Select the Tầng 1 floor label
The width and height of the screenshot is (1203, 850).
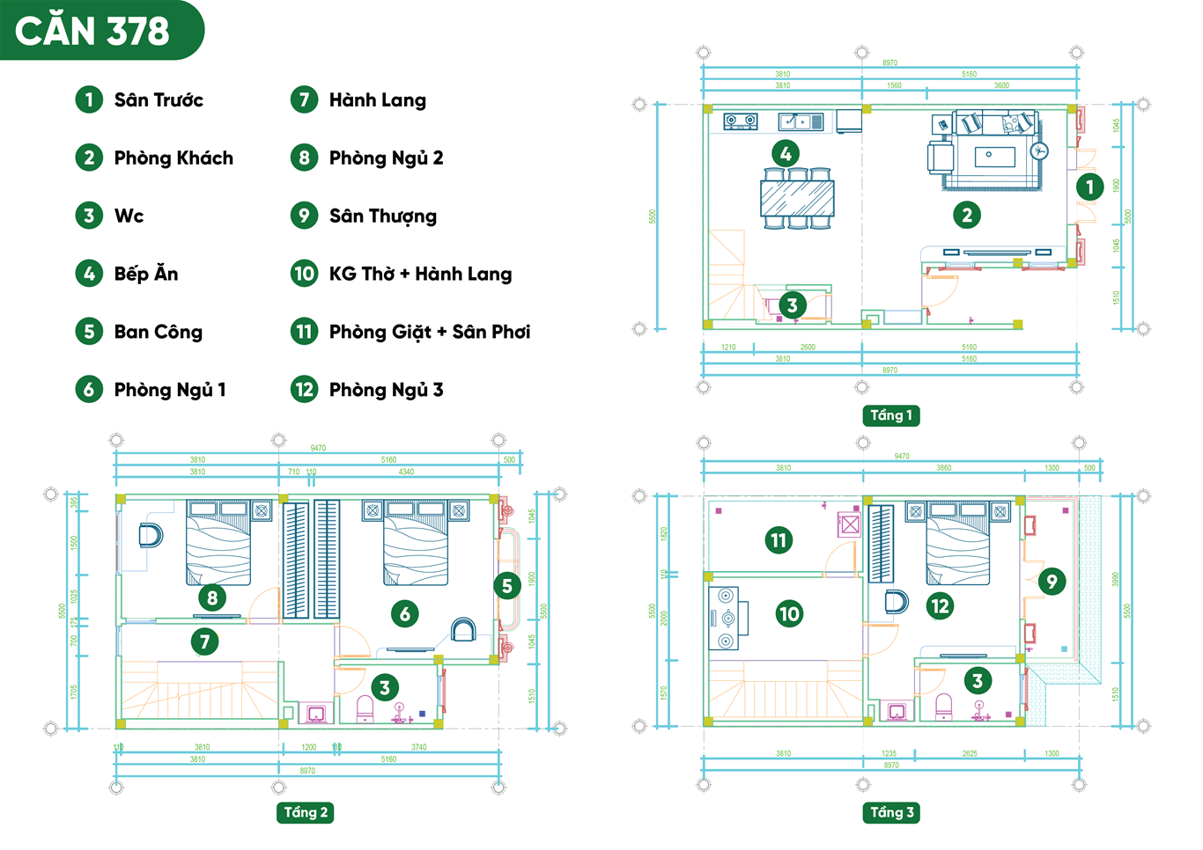[891, 415]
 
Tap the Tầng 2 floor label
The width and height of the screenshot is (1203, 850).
[306, 812]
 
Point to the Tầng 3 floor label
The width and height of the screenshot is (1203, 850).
[891, 812]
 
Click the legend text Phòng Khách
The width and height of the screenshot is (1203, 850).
[173, 158]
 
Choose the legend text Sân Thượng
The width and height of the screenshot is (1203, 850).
[382, 216]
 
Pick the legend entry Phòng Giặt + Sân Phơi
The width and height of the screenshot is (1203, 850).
[429, 332]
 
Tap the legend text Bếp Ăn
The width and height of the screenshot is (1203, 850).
[146, 274]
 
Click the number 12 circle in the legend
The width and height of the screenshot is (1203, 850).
[304, 390]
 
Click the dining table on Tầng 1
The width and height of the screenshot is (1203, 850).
[797, 199]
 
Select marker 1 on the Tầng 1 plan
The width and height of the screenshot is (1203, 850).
[1089, 187]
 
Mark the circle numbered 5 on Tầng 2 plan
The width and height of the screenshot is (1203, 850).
[506, 585]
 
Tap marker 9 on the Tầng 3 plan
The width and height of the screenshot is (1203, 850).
[1051, 581]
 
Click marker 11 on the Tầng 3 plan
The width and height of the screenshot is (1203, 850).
[779, 539]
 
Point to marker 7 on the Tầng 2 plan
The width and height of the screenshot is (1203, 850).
[204, 641]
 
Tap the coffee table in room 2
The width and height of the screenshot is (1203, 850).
[994, 157]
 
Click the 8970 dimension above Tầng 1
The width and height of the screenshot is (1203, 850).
[889, 62]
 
